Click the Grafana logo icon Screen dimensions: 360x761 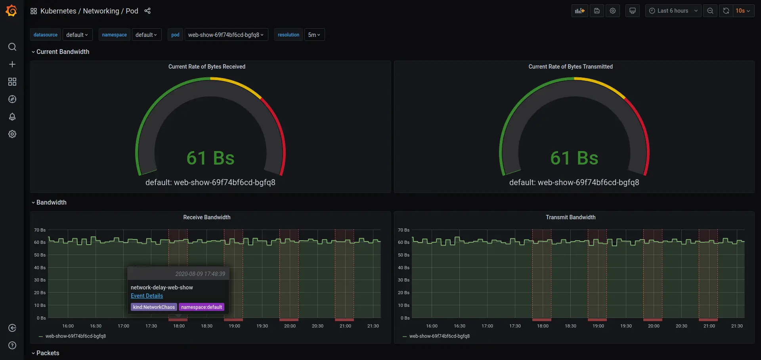coord(11,11)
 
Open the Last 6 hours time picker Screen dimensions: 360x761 coord(673,11)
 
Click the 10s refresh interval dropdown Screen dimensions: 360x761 coord(742,11)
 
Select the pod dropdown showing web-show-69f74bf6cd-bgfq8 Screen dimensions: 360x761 coord(226,35)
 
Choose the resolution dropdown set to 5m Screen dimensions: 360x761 coord(314,35)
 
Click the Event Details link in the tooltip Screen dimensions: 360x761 coord(147,296)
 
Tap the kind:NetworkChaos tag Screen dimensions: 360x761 coord(154,307)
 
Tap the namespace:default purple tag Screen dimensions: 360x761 coord(201,307)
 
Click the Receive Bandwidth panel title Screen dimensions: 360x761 coord(207,217)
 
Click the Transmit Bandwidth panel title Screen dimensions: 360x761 coord(570,217)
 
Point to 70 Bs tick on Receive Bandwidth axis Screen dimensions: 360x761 coord(40,230)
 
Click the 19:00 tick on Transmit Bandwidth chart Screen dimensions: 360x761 coord(598,326)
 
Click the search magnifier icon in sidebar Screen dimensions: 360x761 coord(12,47)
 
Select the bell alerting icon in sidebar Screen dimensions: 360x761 coord(12,117)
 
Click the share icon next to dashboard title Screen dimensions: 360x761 coord(147,11)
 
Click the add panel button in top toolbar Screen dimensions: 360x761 coord(579,11)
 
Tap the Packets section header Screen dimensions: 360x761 coord(48,353)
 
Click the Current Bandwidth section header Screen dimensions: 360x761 coord(63,52)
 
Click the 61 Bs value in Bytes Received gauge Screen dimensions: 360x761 coord(210,158)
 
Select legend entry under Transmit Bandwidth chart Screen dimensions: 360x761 coord(439,336)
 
